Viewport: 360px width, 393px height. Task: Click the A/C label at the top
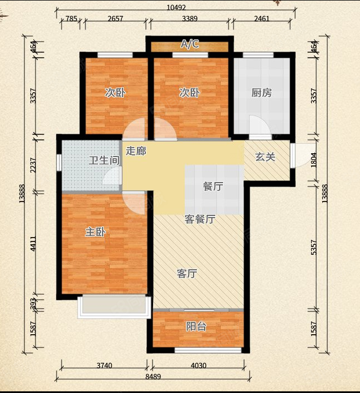(x=190, y=44)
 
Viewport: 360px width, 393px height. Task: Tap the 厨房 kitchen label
(x=261, y=93)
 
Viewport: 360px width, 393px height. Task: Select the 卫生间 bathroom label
(x=104, y=160)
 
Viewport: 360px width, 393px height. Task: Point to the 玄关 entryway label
(x=265, y=157)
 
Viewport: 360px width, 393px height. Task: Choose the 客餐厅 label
(x=200, y=219)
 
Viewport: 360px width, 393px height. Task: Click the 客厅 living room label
(x=187, y=273)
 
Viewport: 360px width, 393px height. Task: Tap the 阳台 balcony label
(x=196, y=326)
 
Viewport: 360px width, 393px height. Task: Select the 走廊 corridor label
(x=136, y=150)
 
